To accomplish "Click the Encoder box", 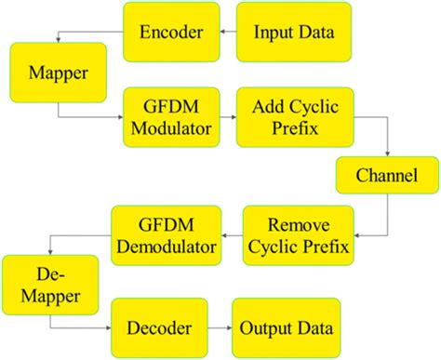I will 172,32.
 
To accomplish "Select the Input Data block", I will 294,32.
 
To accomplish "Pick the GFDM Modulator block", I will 168,116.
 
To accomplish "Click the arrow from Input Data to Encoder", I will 228,32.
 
